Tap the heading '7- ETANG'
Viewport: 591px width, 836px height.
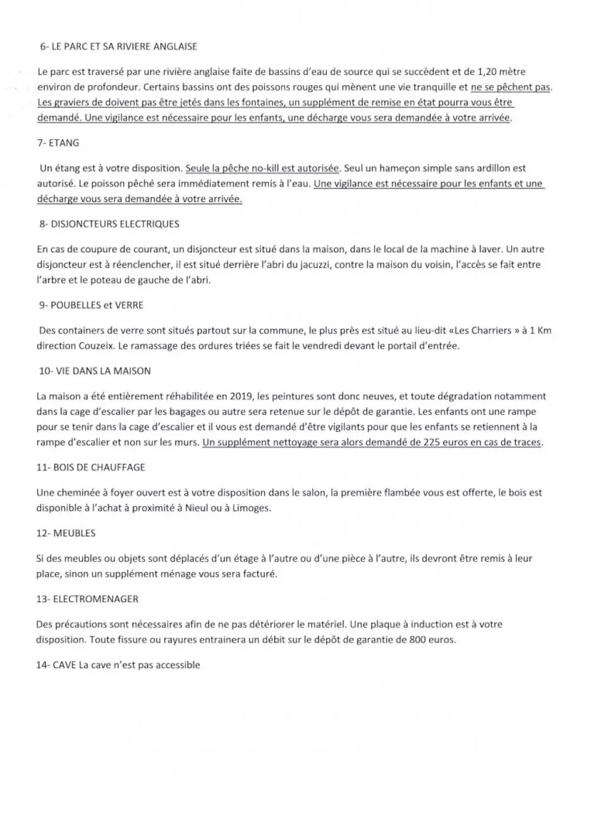(58, 142)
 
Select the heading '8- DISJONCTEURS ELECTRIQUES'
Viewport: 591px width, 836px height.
(109, 224)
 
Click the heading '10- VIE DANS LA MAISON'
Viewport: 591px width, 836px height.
(95, 370)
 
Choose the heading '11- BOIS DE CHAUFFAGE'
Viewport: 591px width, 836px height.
(90, 467)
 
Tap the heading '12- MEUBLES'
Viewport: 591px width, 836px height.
(66, 532)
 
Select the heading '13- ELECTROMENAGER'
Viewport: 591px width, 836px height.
(87, 598)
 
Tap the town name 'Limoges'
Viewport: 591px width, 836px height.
(251, 508)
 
